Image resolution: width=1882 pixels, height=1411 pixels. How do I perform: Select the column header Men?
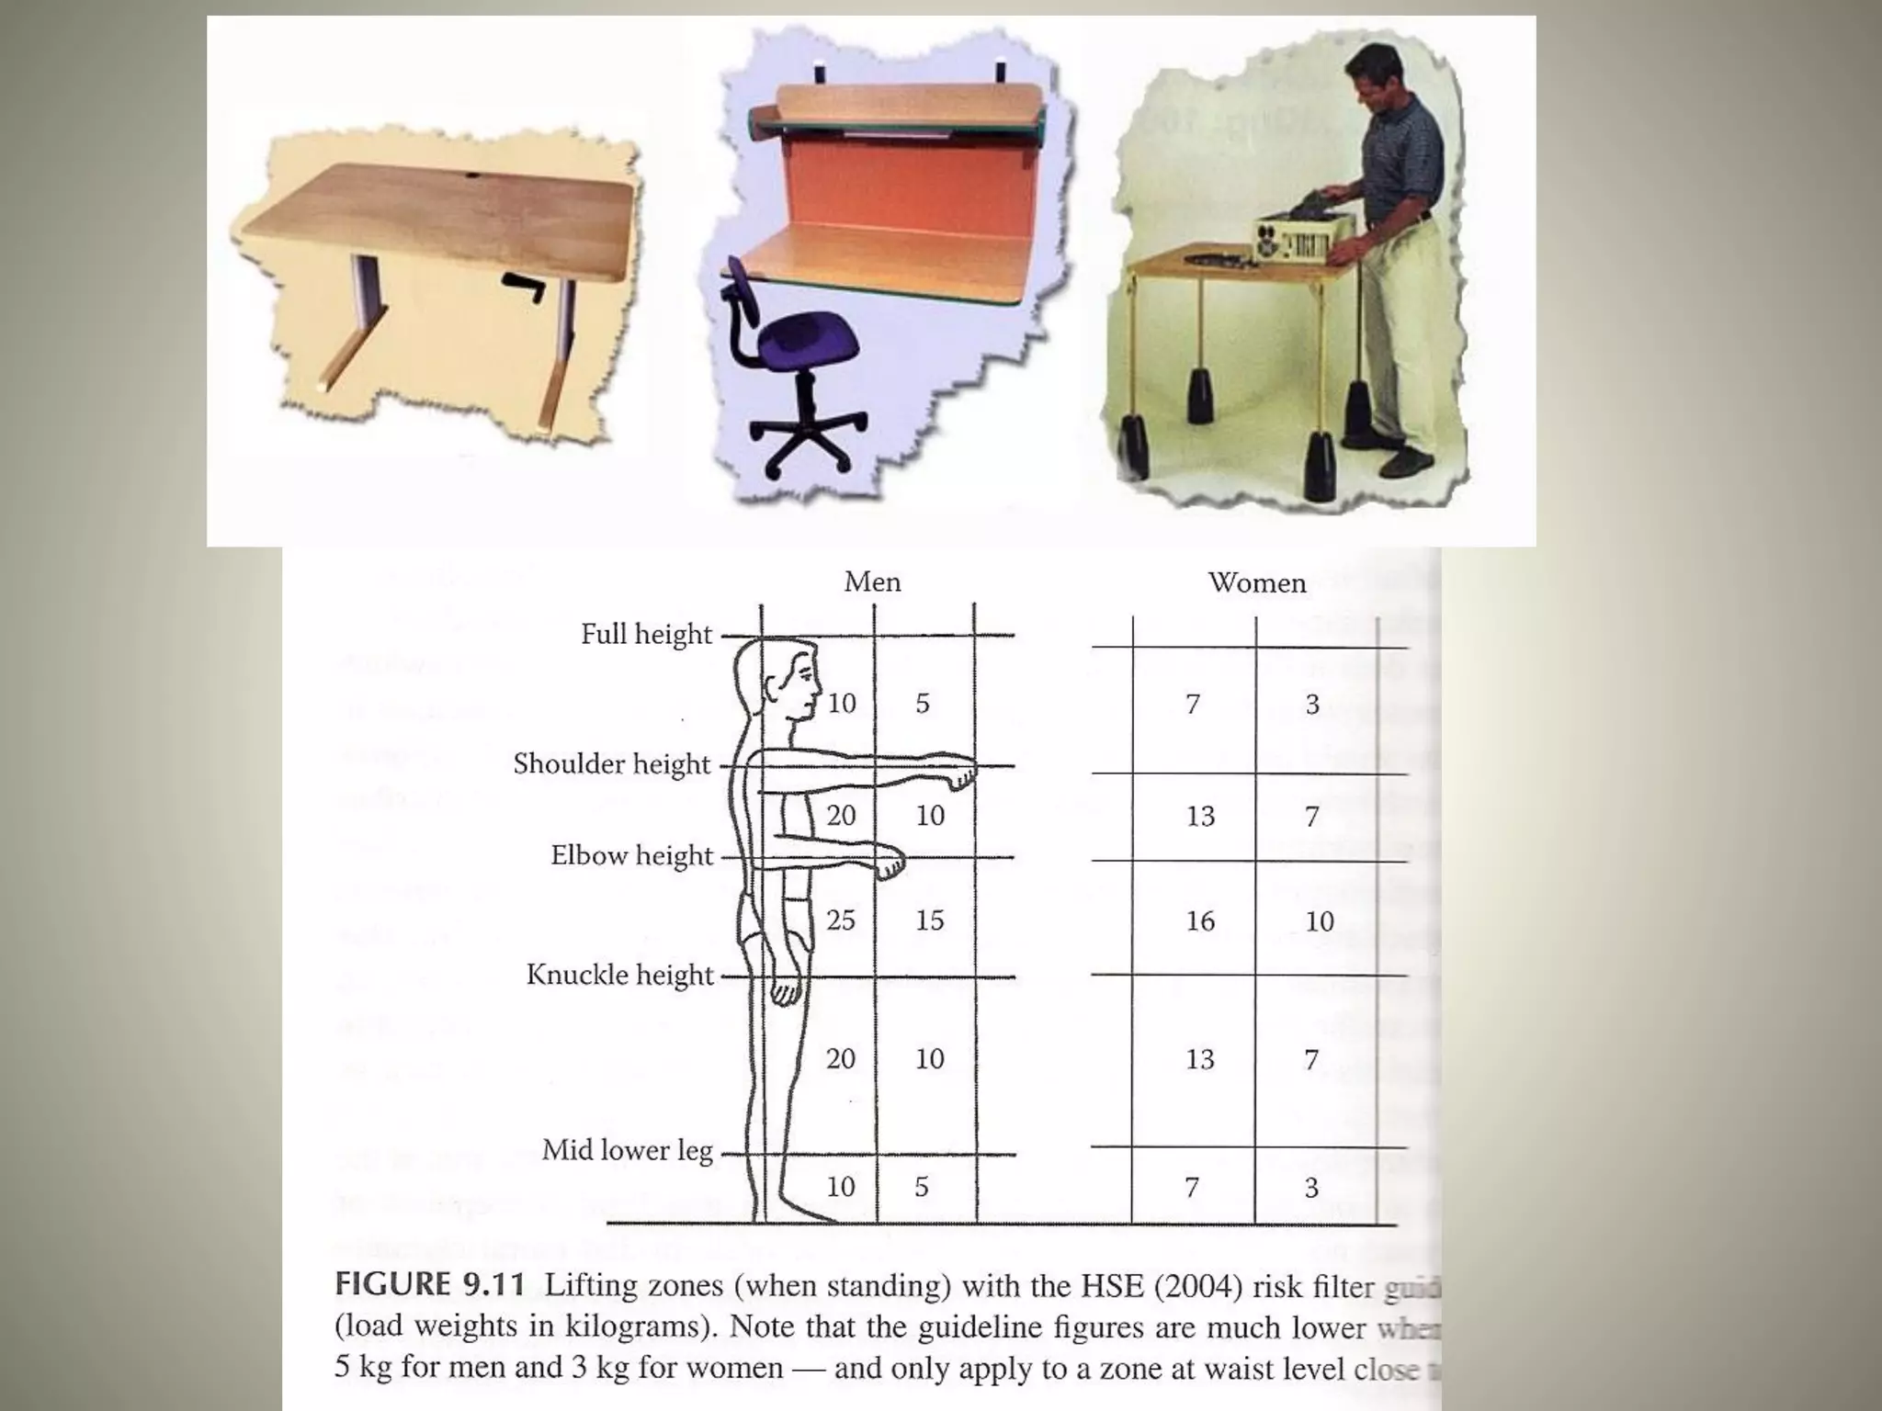[872, 582]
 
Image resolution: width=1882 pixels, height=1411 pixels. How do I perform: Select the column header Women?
[1256, 583]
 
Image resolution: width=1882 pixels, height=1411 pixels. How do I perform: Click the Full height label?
[646, 635]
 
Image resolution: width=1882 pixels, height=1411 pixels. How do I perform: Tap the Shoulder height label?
[611, 764]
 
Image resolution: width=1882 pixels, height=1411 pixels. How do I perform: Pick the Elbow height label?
[631, 856]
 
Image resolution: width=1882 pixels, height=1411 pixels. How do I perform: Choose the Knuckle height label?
[619, 976]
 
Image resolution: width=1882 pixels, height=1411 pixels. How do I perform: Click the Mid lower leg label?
[627, 1151]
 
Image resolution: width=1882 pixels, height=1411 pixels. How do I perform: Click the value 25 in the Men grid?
[841, 920]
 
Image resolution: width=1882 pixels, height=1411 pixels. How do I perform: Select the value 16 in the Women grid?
[1200, 921]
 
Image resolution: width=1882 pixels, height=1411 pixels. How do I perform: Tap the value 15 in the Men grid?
[929, 920]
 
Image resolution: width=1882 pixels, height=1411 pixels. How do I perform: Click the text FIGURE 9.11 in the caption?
[429, 1284]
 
